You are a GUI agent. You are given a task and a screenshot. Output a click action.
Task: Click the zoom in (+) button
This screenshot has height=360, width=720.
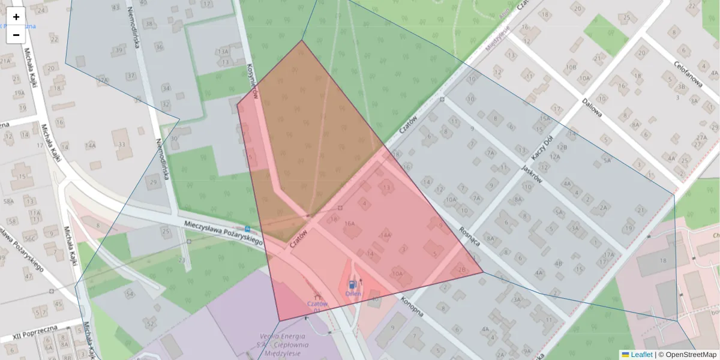(16, 17)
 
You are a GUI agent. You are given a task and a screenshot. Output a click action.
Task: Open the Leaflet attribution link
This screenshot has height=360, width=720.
(641, 355)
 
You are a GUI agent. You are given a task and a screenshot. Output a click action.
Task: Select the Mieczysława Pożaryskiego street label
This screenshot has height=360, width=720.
(224, 231)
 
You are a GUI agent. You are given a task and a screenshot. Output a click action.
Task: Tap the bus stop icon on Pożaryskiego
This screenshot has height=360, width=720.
(248, 229)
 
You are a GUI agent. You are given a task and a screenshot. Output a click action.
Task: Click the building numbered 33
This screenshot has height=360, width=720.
(122, 145)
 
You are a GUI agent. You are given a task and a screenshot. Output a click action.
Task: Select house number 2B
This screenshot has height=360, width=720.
(461, 270)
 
